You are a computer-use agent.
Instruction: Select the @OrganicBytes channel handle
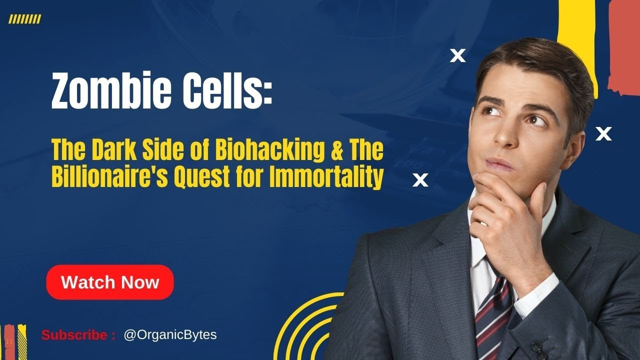click(170, 334)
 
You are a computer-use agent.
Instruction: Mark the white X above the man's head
click(457, 55)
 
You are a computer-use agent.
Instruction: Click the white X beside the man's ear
click(604, 133)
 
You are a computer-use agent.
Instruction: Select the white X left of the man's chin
click(420, 180)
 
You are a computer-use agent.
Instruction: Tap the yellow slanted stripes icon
click(25, 19)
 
